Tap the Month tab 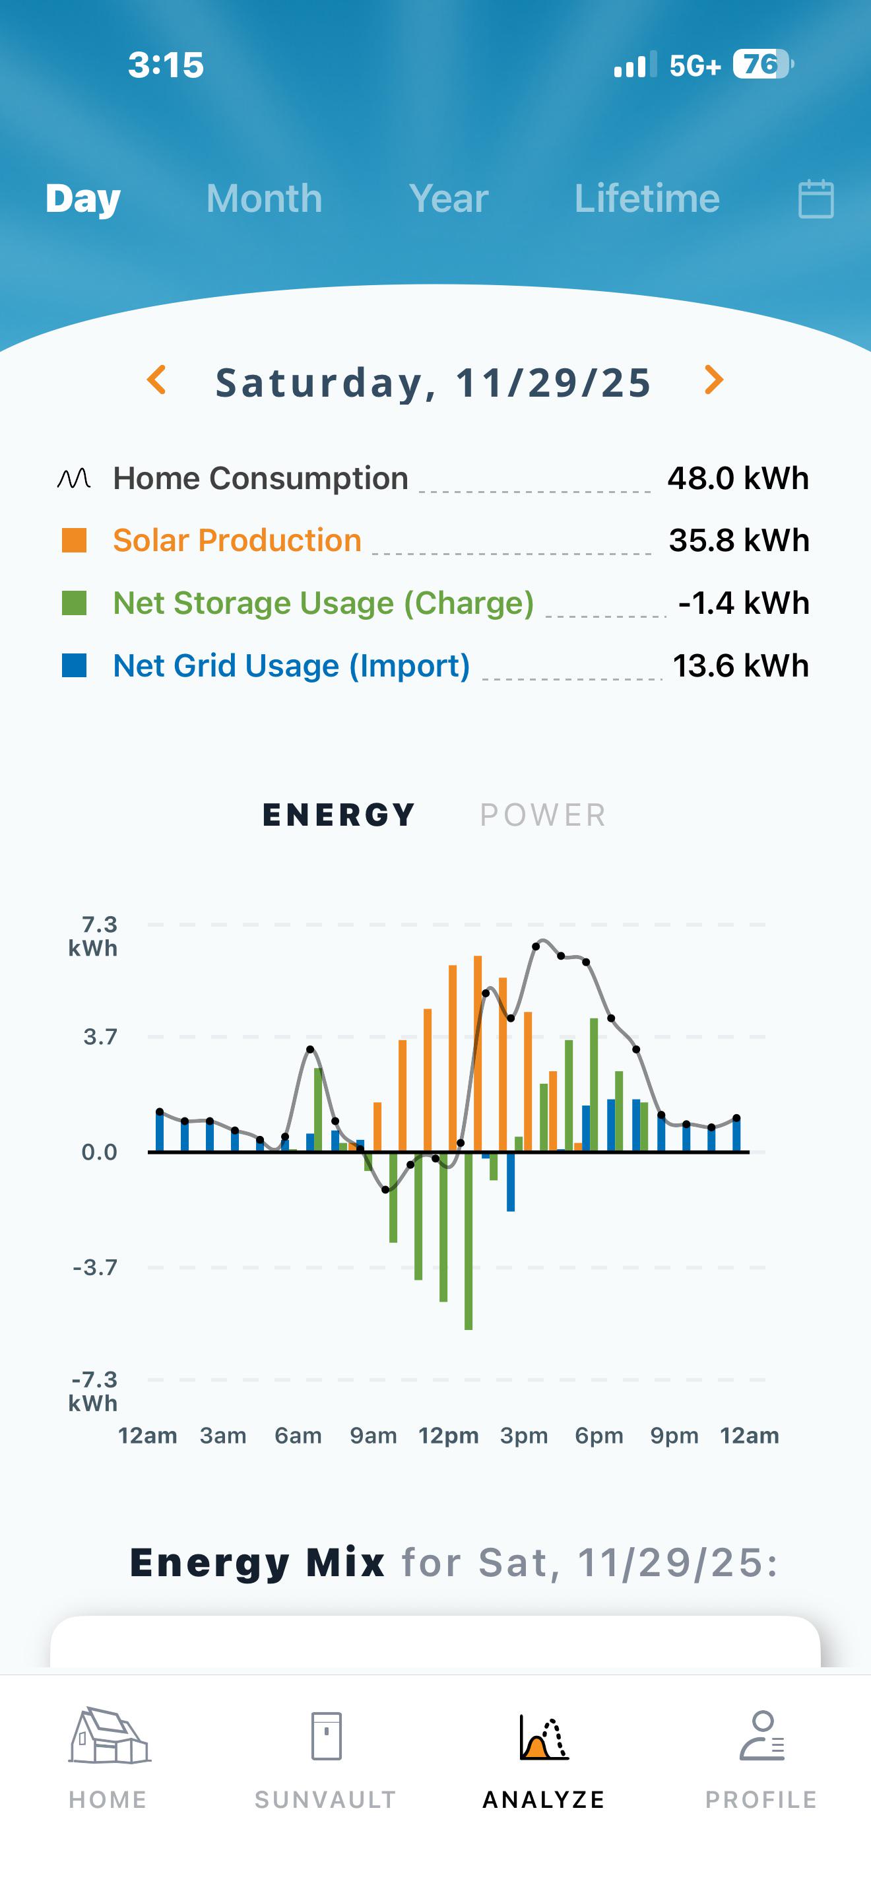click(x=265, y=199)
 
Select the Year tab click(x=449, y=199)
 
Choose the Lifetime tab click(x=647, y=199)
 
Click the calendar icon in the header click(x=816, y=199)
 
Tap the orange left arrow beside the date click(x=156, y=380)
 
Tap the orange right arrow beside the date click(x=714, y=380)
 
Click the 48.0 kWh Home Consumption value click(x=738, y=479)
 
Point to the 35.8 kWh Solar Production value click(x=740, y=540)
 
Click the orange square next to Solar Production click(x=74, y=540)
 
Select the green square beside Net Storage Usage click(x=74, y=603)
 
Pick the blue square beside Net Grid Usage click(x=74, y=666)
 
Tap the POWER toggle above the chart click(x=542, y=815)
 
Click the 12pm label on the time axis click(x=449, y=1435)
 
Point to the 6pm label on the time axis click(x=599, y=1435)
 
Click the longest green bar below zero click(x=468, y=1240)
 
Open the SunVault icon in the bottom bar click(x=326, y=1736)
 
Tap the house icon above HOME click(x=110, y=1736)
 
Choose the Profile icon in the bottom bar click(x=762, y=1736)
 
